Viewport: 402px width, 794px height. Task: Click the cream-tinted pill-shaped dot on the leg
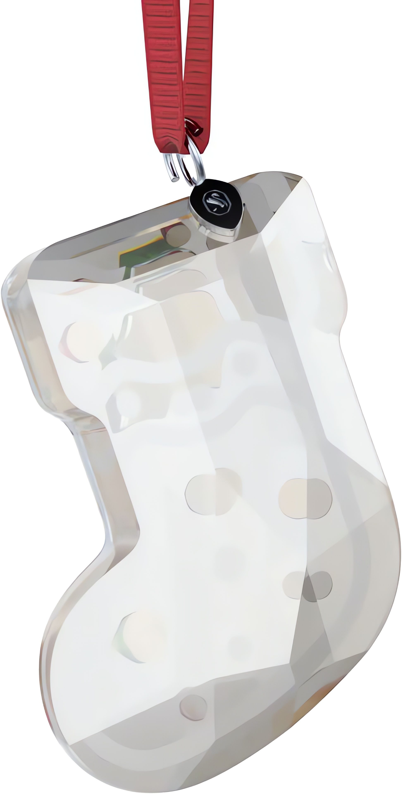[x=305, y=498]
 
